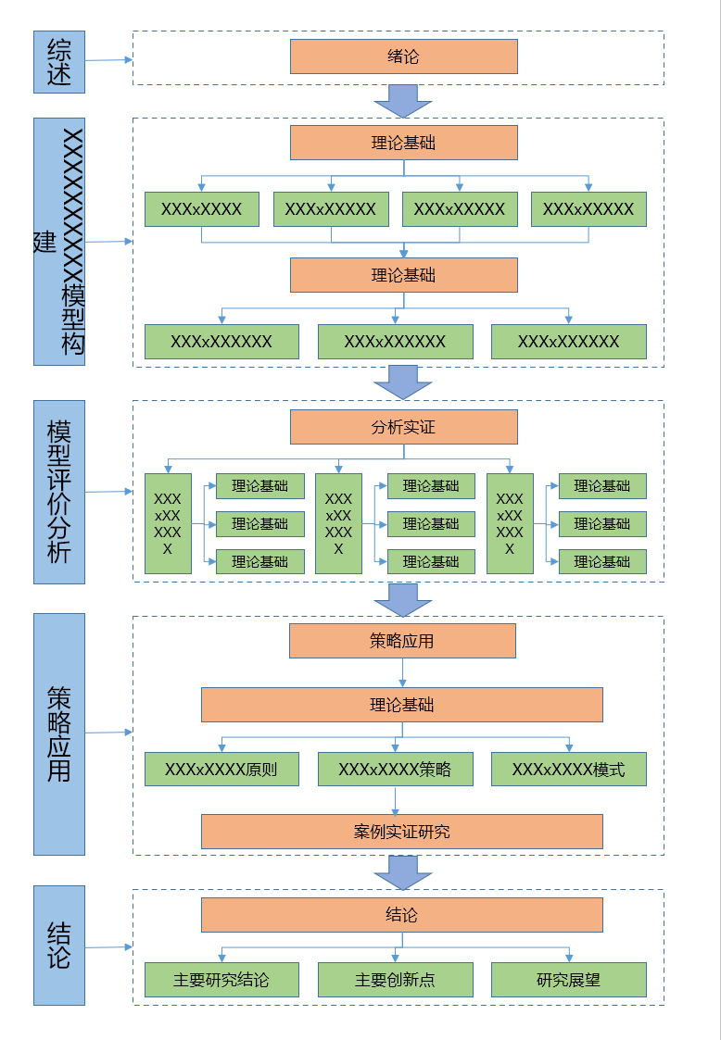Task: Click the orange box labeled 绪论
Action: click(x=404, y=56)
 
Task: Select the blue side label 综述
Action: click(x=59, y=62)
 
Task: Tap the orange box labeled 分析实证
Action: click(x=404, y=427)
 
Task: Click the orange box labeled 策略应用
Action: click(x=402, y=641)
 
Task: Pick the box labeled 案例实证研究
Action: click(x=402, y=832)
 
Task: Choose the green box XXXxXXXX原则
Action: click(x=221, y=770)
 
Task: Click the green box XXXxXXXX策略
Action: click(x=396, y=770)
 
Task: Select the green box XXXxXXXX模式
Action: click(x=569, y=770)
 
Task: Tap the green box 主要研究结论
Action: click(x=221, y=980)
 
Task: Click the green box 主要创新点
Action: click(x=396, y=980)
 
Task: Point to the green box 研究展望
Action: click(x=569, y=980)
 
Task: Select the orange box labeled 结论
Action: click(x=402, y=915)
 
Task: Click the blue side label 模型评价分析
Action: click(x=59, y=492)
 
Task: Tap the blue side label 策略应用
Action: click(x=59, y=734)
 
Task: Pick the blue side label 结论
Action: click(x=59, y=946)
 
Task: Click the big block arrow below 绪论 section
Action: click(x=403, y=102)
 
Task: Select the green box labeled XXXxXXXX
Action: click(x=202, y=209)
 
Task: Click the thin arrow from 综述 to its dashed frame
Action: click(x=108, y=60)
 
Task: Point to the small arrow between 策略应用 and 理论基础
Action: click(x=402, y=672)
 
